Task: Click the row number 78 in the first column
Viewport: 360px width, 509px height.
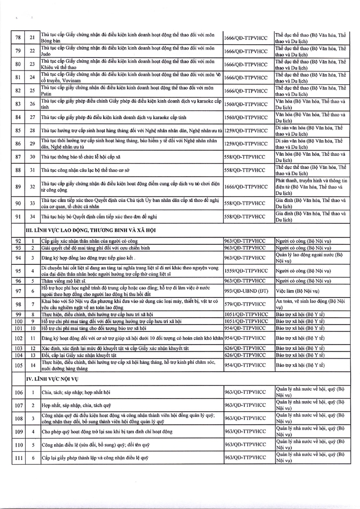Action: pyautogui.click(x=18, y=37)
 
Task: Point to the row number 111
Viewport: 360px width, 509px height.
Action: pyautogui.click(x=18, y=457)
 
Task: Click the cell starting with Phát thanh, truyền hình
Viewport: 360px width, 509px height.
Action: pyautogui.click(x=311, y=186)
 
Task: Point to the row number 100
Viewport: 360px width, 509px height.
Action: pyautogui.click(x=18, y=321)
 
